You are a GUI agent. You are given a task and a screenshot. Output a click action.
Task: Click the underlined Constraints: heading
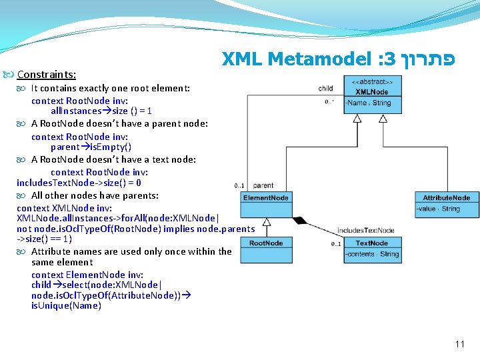(x=46, y=75)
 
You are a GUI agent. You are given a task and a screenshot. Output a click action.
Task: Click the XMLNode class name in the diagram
(x=372, y=91)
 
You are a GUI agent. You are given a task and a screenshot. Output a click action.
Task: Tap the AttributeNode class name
(x=446, y=197)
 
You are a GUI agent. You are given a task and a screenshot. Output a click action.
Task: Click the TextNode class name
(x=372, y=243)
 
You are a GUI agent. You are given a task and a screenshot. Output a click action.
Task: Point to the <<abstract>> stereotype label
(x=372, y=81)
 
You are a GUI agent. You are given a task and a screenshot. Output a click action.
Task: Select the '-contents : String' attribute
(x=373, y=254)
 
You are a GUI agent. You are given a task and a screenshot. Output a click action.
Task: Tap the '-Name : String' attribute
(x=369, y=103)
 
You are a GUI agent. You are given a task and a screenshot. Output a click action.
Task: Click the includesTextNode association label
(x=365, y=231)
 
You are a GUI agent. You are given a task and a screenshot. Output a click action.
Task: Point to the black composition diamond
(x=298, y=219)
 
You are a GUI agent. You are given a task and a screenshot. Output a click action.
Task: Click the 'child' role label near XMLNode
(x=326, y=88)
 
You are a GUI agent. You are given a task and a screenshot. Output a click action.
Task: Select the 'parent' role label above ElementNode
(x=263, y=185)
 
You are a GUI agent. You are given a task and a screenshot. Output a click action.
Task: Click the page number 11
(x=459, y=344)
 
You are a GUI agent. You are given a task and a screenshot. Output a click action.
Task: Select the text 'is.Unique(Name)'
(x=66, y=306)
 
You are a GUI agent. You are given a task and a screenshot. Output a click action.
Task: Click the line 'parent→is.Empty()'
(x=91, y=147)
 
